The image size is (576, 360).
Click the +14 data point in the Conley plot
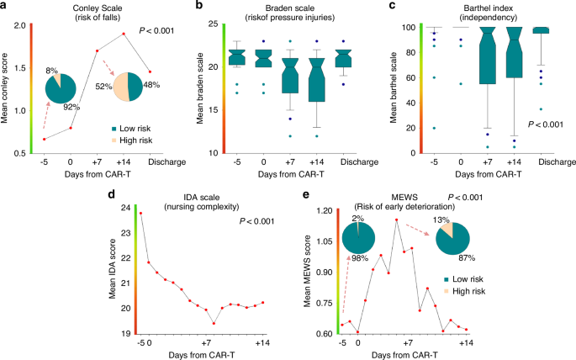click(x=124, y=34)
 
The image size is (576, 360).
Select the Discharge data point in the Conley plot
click(x=150, y=71)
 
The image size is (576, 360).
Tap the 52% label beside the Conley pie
click(x=103, y=87)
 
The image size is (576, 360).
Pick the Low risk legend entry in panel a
click(x=131, y=129)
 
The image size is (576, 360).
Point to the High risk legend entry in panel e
click(x=465, y=291)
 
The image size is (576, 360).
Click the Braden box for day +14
click(x=317, y=80)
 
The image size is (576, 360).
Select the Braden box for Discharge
click(x=343, y=58)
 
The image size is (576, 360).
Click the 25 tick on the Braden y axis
click(x=213, y=24)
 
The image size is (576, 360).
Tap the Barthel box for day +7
click(x=488, y=56)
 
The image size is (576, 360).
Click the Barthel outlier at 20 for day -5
click(x=434, y=128)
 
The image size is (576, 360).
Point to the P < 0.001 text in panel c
click(x=545, y=124)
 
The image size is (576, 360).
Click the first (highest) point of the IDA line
click(x=140, y=213)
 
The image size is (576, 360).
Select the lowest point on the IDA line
click(x=214, y=324)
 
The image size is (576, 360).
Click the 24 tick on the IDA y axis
click(x=125, y=208)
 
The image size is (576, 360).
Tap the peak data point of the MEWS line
click(x=396, y=220)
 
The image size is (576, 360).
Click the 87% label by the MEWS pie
click(x=467, y=258)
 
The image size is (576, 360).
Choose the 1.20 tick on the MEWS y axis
click(x=325, y=211)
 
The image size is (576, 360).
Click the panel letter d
click(x=111, y=194)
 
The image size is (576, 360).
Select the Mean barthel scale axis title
click(x=394, y=87)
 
